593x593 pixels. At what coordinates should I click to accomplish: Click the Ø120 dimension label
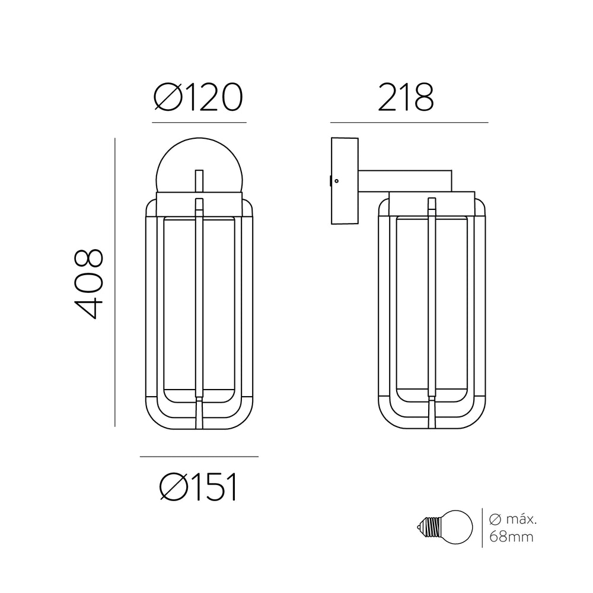click(x=198, y=97)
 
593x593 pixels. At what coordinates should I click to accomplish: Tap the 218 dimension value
click(x=406, y=97)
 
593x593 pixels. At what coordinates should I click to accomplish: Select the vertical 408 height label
click(x=88, y=283)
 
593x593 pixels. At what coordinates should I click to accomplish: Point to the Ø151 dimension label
click(x=199, y=487)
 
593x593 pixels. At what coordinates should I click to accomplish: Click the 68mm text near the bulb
click(x=511, y=537)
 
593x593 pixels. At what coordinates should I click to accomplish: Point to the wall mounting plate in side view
click(x=345, y=181)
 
